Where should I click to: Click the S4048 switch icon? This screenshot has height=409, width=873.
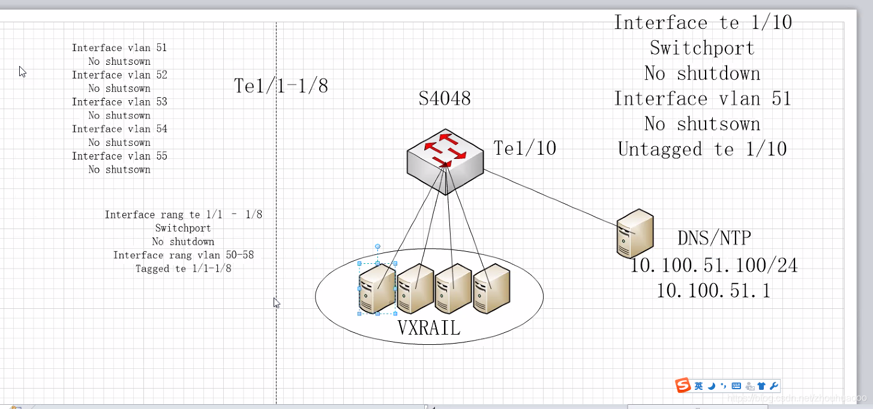point(445,160)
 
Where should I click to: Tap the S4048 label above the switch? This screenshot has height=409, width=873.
point(445,98)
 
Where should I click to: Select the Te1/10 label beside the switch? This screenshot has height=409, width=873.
point(524,148)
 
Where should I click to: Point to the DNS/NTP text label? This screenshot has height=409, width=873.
point(714,238)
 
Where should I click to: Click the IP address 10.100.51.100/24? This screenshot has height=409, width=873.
point(713,265)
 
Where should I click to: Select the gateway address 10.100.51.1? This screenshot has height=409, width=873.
point(713,291)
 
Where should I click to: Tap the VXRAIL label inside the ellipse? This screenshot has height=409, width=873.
point(428,327)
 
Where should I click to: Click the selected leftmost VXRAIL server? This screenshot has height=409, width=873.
point(377,288)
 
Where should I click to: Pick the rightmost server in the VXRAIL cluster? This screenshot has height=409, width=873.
point(491,288)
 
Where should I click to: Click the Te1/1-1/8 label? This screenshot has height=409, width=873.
point(281,86)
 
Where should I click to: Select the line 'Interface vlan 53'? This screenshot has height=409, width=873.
point(119,102)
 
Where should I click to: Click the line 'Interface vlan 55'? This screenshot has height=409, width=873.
point(119,156)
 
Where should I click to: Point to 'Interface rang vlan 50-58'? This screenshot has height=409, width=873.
point(184,255)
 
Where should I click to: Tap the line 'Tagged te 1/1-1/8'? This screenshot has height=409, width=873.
point(184,269)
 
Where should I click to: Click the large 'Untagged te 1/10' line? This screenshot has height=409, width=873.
point(702,149)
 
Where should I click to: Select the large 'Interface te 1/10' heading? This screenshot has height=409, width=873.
point(703,23)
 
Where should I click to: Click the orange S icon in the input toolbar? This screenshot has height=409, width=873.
point(683,386)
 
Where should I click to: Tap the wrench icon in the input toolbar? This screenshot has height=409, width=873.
point(774,386)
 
